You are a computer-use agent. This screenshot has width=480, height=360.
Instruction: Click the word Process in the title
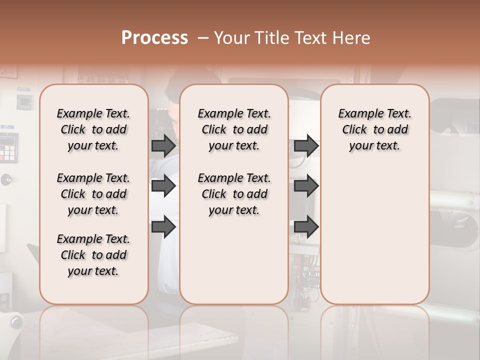tap(154, 38)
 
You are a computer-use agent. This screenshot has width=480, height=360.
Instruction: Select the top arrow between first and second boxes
tap(163, 145)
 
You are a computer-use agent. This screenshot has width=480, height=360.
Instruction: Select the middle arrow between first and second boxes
tap(163, 186)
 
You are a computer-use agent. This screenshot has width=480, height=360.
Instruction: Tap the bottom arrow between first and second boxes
tap(163, 227)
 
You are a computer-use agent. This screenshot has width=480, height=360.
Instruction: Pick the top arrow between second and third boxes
tap(306, 145)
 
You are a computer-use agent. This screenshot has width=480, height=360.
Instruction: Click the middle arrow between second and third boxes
tap(306, 186)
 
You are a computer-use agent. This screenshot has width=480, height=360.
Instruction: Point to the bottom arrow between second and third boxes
tap(306, 227)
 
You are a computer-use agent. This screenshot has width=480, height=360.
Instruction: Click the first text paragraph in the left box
tap(93, 129)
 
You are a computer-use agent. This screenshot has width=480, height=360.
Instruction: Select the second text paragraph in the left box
tap(93, 194)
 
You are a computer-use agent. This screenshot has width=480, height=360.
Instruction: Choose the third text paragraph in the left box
tap(93, 255)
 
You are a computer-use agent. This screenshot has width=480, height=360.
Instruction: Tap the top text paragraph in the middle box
tap(234, 129)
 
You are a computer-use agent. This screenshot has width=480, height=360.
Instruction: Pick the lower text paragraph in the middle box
tap(234, 194)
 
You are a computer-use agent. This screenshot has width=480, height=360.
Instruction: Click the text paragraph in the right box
tap(374, 129)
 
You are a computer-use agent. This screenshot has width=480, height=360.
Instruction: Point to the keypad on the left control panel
tap(8, 147)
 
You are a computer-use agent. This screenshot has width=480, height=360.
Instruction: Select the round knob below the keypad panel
tap(6, 179)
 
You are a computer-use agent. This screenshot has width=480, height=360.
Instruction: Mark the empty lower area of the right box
tap(374, 235)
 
